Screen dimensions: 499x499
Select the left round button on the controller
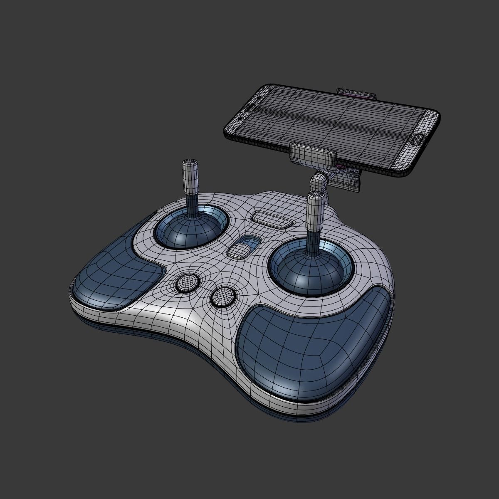pos(188,283)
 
